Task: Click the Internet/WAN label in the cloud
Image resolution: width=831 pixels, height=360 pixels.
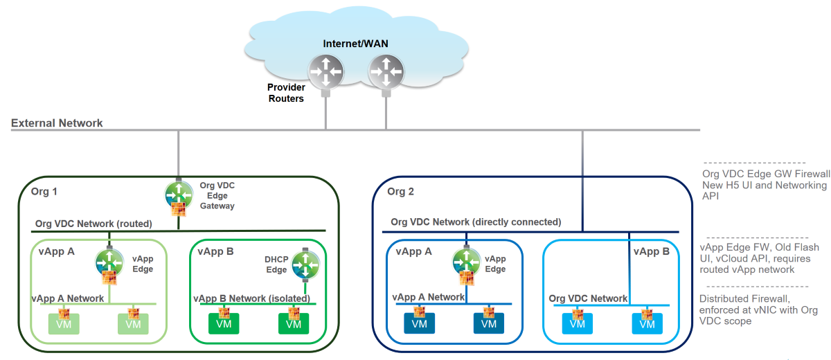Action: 355,44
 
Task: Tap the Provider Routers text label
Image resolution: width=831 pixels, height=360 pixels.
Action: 286,93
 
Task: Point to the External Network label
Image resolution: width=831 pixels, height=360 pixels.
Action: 57,123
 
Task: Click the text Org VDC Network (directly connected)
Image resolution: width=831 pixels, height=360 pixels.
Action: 476,222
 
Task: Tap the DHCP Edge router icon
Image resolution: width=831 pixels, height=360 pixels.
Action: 305,262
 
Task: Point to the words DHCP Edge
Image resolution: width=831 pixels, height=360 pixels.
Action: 276,264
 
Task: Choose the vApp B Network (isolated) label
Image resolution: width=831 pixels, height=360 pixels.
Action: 251,298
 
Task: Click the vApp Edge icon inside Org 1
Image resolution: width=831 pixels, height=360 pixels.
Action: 109,262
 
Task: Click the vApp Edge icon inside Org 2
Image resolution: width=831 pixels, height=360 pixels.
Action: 466,261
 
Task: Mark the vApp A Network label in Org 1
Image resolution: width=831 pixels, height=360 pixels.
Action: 68,298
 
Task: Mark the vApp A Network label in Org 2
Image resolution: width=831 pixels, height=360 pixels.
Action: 430,297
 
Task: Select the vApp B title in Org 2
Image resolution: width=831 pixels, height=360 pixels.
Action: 652,251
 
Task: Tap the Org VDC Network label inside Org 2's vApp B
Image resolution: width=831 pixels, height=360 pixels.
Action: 588,298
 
